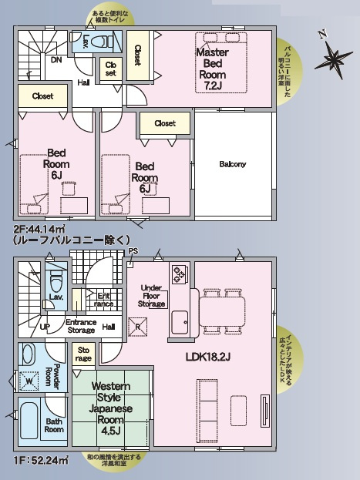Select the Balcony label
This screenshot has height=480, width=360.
click(x=232, y=164)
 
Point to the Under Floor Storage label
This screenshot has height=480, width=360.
click(x=151, y=295)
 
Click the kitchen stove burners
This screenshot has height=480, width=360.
click(x=179, y=275)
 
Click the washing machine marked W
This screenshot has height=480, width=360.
click(x=29, y=380)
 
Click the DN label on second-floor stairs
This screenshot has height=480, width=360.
click(x=56, y=59)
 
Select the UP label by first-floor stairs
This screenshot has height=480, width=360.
click(x=45, y=327)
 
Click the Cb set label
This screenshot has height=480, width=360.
click(x=111, y=69)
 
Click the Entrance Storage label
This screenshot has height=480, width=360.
click(x=80, y=326)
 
